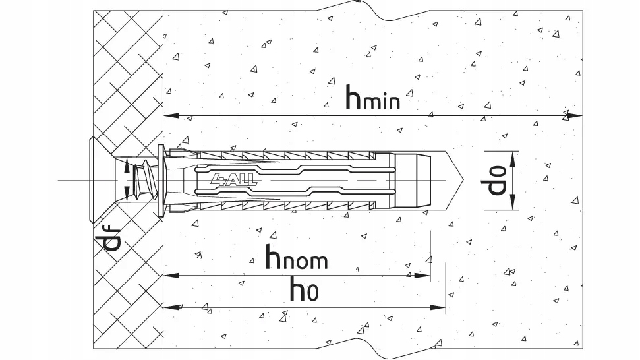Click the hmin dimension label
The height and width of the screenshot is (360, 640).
372,98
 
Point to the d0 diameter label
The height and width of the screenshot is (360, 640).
497,181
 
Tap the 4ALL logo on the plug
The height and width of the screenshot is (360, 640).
234,179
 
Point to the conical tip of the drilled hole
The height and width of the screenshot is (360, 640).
454,180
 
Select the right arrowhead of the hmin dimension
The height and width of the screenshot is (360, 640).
575,116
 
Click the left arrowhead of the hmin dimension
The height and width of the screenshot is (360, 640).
171,116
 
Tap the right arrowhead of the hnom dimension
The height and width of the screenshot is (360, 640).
422,276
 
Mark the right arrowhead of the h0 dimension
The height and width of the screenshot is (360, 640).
438,307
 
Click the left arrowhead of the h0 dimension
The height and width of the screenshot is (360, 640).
171,307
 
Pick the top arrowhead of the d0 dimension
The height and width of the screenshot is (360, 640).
513,159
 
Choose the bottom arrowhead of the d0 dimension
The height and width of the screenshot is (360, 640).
513,202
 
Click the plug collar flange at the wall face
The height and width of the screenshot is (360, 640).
161,180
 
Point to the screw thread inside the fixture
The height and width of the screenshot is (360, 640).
143,180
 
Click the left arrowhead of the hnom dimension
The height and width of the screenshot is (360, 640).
171,276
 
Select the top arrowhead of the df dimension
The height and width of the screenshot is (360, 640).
127,165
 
